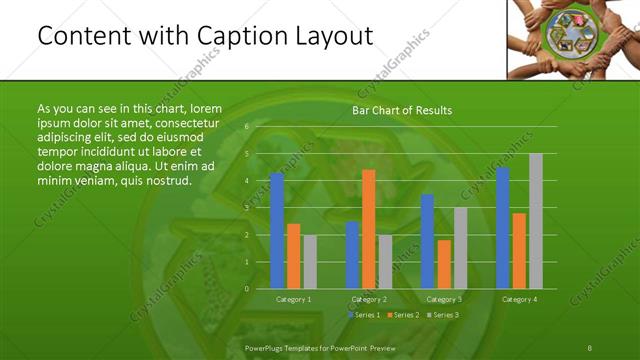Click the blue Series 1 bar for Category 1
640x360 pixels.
coord(277,231)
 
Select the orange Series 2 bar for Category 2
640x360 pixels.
coord(368,229)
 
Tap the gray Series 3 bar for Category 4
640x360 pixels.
coord(536,221)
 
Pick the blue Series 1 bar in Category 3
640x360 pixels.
coord(427,241)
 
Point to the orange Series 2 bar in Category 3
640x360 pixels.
coord(444,264)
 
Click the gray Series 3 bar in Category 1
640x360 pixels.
coord(310,262)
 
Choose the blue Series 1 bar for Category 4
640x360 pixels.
coord(503,228)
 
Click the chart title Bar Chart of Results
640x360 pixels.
coord(402,110)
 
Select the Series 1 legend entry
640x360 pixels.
coord(363,315)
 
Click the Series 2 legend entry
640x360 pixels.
coord(403,315)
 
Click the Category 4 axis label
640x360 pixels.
coord(519,299)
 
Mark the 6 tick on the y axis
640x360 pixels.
coord(246,127)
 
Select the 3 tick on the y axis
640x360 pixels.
coord(246,208)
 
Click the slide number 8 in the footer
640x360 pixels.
coord(590,346)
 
